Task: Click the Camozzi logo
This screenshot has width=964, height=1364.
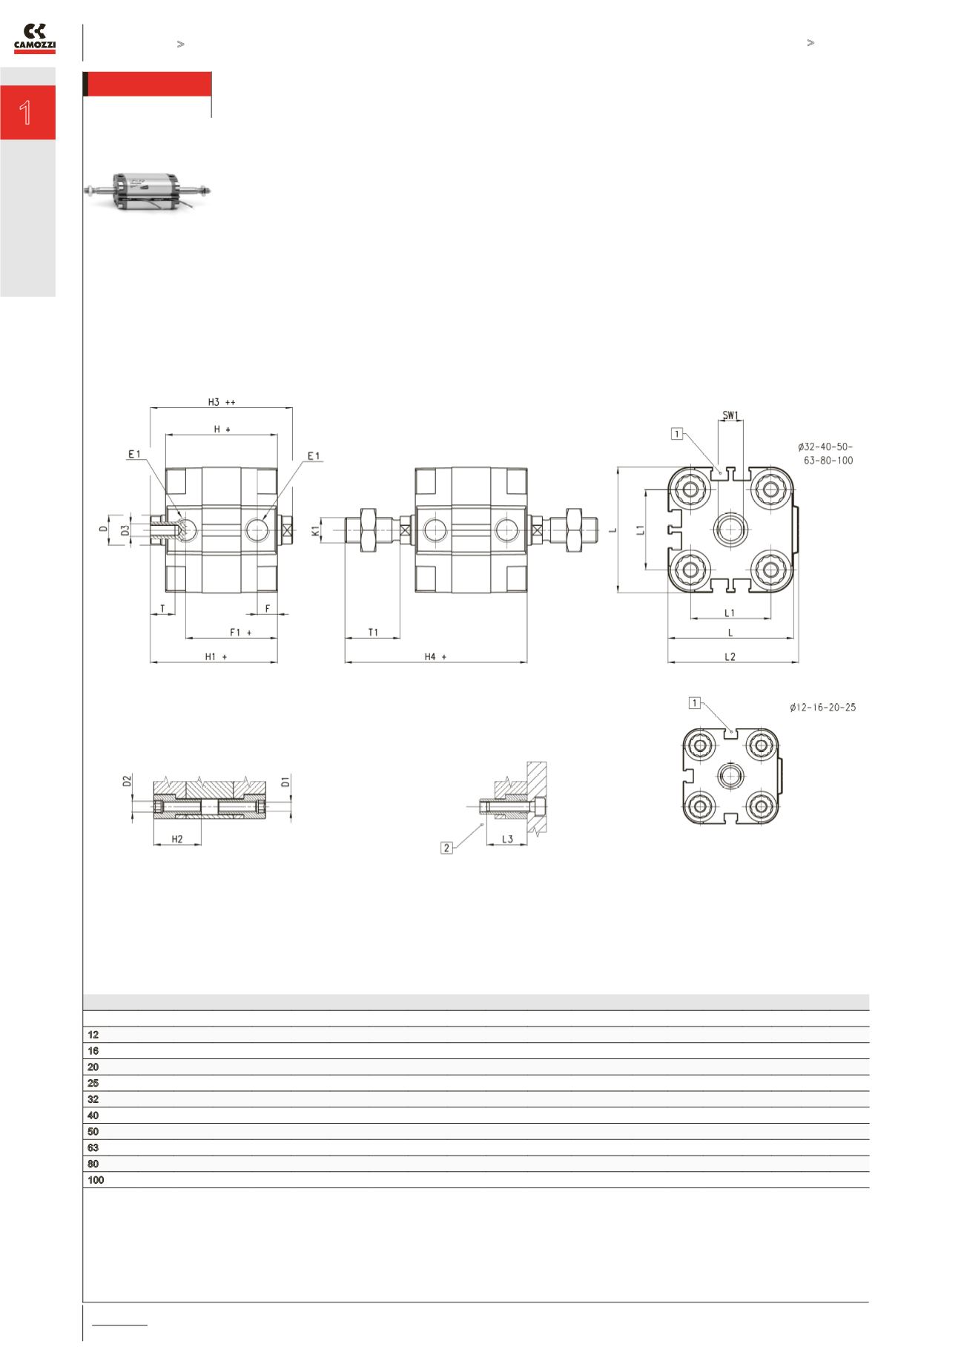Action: coord(35,39)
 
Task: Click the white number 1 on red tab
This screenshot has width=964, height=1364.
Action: coord(27,113)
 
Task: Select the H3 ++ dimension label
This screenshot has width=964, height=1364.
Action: coord(221,402)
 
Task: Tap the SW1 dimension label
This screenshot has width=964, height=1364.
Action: coord(730,415)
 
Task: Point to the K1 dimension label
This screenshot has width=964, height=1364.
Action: coord(316,530)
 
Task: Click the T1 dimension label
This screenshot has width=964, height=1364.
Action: coord(373,632)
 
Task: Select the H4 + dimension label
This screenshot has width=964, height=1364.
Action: coord(435,656)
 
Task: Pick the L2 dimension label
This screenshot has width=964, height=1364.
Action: coord(730,656)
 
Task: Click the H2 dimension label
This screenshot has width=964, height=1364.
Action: coord(177,839)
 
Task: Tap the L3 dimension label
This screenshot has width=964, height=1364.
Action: coord(507,839)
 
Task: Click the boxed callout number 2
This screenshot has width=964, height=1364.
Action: coord(446,848)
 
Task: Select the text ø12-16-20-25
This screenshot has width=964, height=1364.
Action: coord(822,708)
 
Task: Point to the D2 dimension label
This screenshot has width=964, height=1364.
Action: coord(128,781)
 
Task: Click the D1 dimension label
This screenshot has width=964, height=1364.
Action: coord(286,781)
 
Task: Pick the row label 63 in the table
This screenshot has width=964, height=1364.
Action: coord(93,1147)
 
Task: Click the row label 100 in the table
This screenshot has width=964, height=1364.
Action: coord(96,1180)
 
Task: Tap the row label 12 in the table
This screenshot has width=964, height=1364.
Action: coord(93,1035)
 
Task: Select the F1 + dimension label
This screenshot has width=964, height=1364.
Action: coord(240,632)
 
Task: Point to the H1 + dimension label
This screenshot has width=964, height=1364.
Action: coord(216,656)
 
